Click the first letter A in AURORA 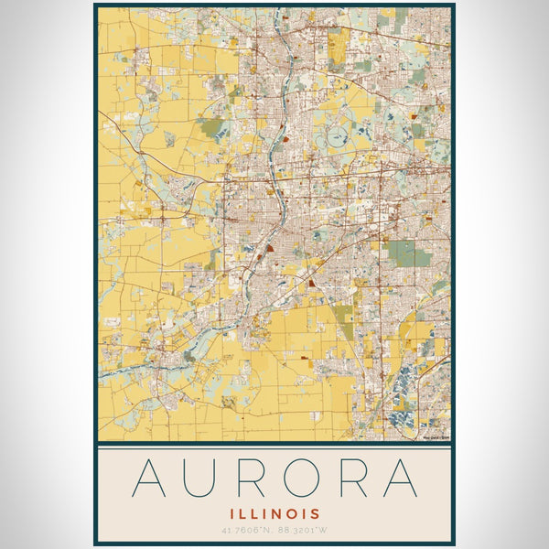point(152,478)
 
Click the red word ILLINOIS point(274,514)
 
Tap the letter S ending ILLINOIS point(317,514)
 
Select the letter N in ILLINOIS point(273,514)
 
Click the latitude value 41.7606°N point(245,531)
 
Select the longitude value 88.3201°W point(305,531)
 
